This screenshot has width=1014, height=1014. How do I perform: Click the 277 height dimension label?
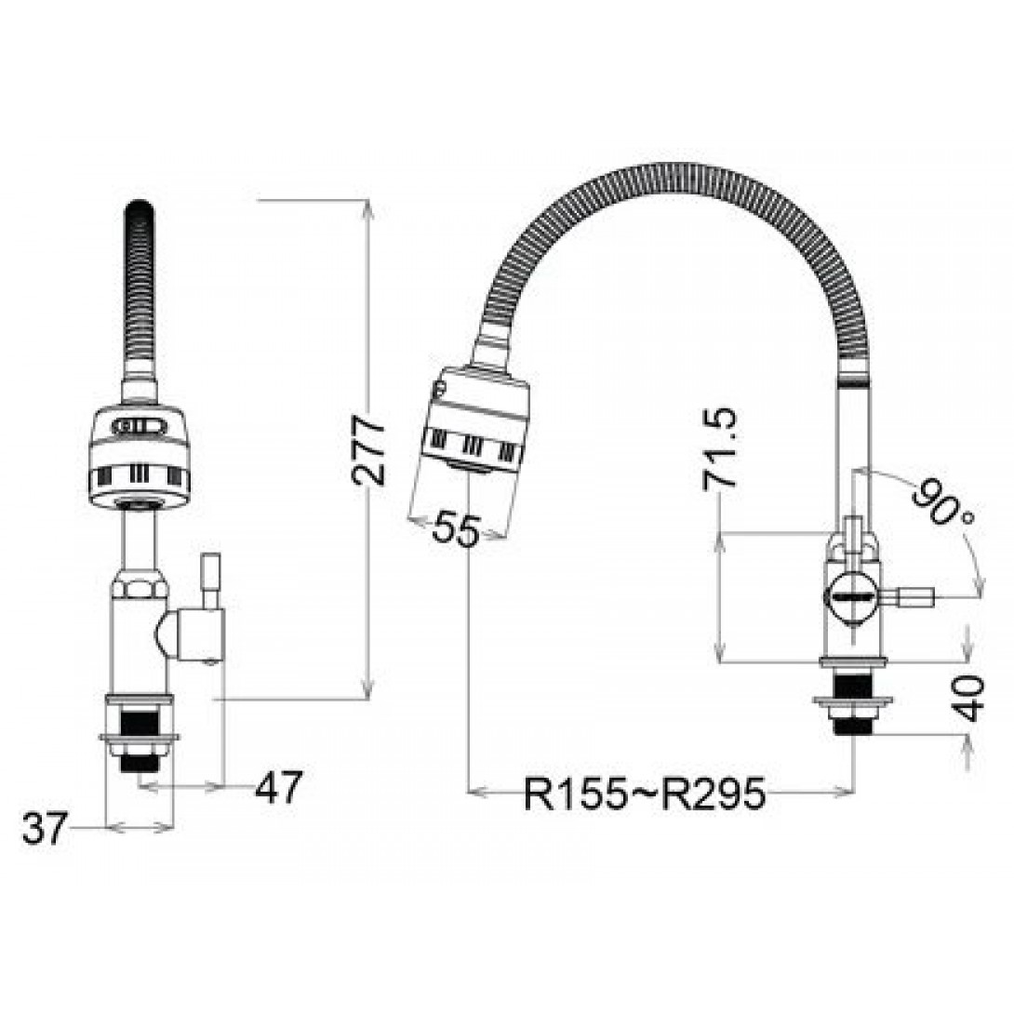point(368,451)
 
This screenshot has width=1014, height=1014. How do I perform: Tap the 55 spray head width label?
point(457,529)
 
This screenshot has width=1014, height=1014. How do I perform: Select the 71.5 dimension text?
point(720,448)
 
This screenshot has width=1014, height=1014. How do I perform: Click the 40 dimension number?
point(968,699)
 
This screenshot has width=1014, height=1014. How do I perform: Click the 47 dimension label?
point(278,787)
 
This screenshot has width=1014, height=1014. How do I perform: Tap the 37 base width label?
point(45,828)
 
